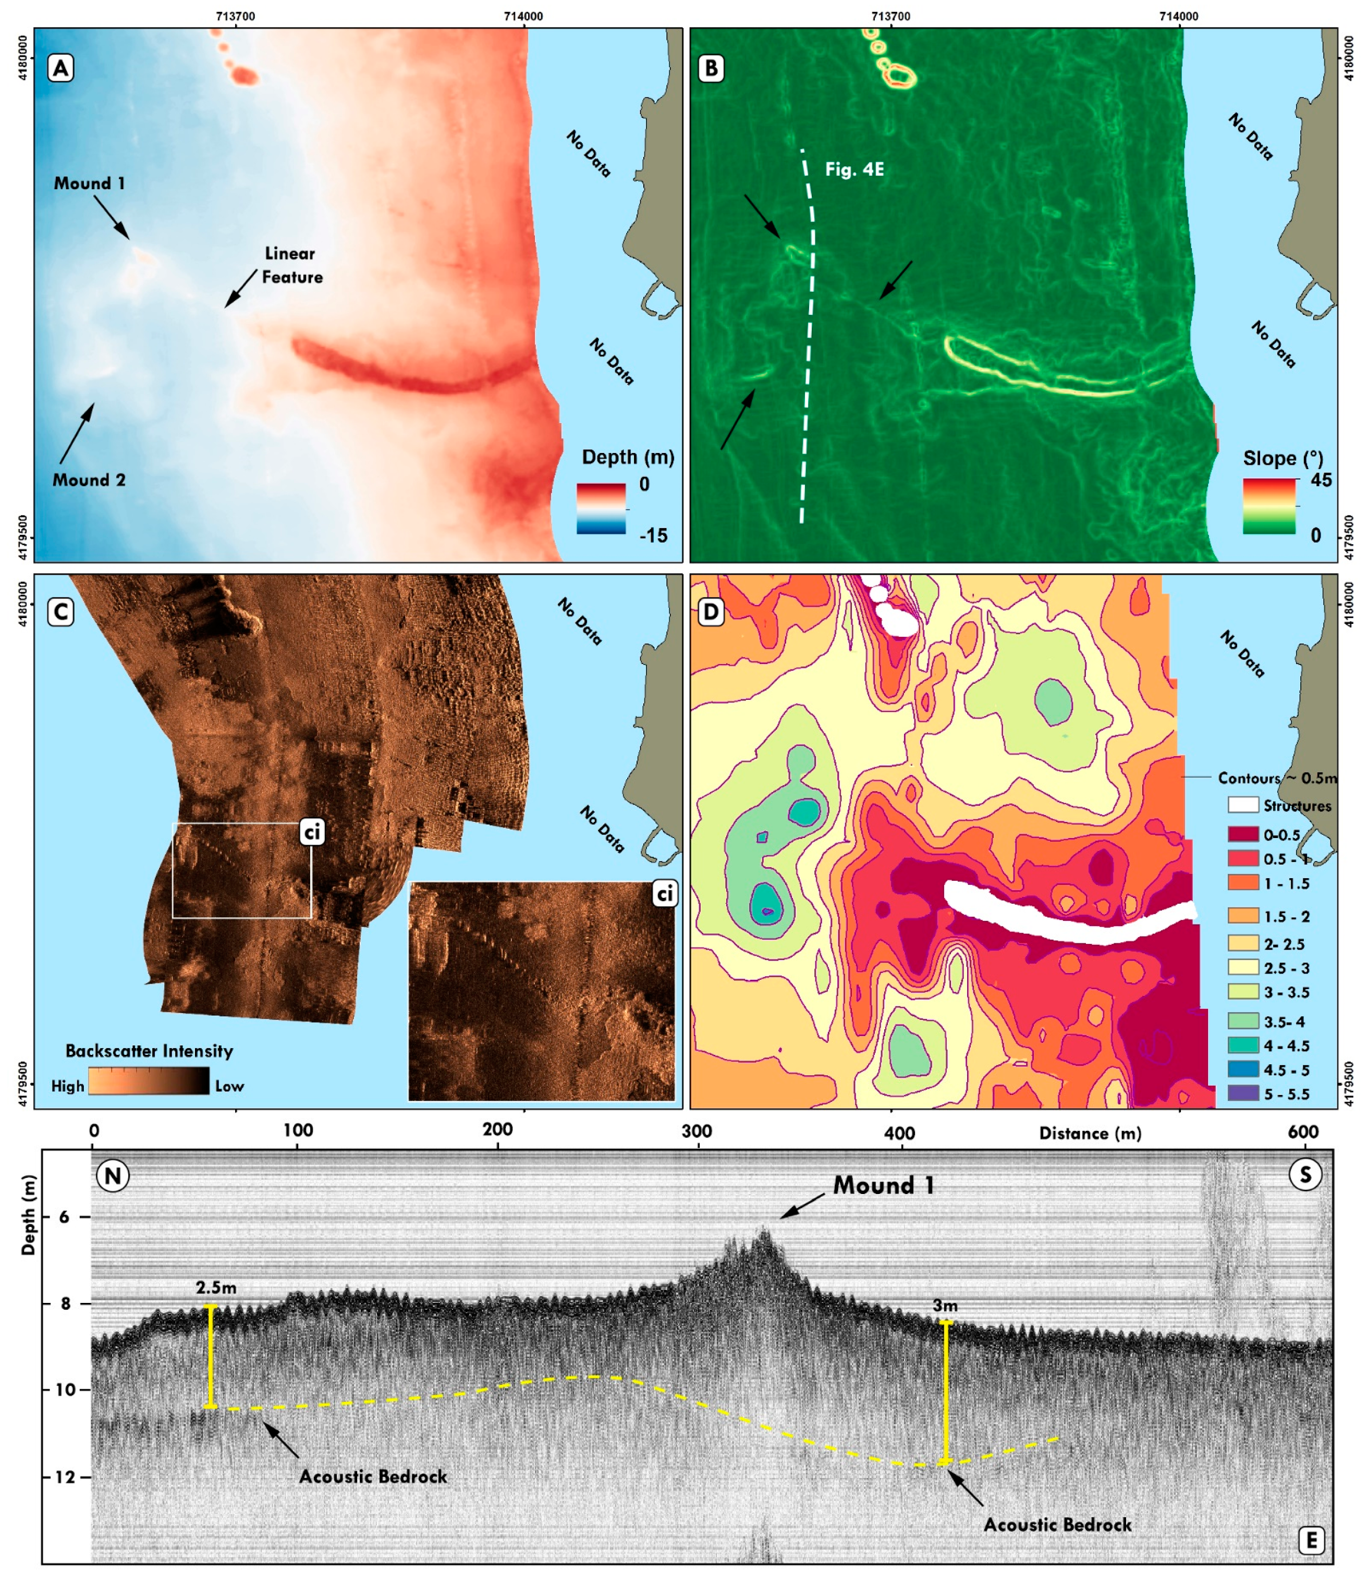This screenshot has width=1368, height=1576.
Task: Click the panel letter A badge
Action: coord(61,69)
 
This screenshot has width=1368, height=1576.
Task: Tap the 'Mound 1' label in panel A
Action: coord(89,183)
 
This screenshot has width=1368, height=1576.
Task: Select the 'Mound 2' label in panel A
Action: coord(89,480)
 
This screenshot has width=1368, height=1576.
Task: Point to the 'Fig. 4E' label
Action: coord(854,169)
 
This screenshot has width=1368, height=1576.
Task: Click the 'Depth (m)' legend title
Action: coord(628,457)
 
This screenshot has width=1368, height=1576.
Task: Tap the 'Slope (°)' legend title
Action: coord(1282,458)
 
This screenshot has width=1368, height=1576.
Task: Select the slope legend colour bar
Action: coord(1269,506)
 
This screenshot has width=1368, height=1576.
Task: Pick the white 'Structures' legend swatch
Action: coord(1243,805)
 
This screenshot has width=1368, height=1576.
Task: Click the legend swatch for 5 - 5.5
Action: coord(1243,1093)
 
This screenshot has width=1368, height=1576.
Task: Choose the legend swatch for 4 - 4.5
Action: coord(1243,1045)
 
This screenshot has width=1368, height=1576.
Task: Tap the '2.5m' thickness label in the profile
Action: coord(216,1287)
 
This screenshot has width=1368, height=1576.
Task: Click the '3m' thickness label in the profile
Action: coord(945,1306)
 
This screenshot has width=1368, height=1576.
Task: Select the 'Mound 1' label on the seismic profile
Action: coord(883,1185)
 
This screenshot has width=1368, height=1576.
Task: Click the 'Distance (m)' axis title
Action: coord(1090,1134)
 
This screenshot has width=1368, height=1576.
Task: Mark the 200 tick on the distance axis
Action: coord(498,1130)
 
